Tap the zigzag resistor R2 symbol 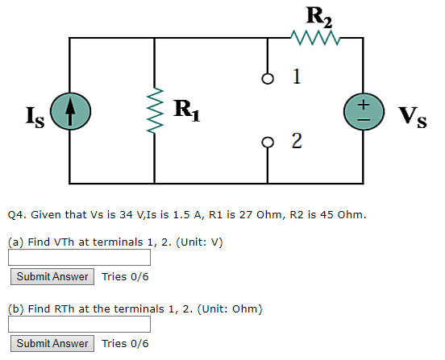[315, 37]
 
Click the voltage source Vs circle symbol [363, 111]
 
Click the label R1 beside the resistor [189, 107]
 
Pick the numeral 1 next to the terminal [297, 77]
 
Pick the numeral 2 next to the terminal [297, 143]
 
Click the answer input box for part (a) [80, 258]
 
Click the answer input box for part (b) [80, 324]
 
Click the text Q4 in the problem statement [17, 215]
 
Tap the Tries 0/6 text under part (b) [125, 343]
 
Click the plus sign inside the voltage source [363, 103]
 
